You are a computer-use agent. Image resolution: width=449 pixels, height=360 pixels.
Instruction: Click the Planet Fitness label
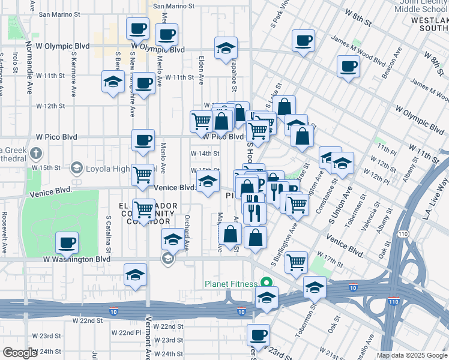[x=229, y=283]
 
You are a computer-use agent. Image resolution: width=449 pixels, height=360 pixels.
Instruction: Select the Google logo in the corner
[x=20, y=353]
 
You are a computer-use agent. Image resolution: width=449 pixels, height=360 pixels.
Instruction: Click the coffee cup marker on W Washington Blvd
[x=67, y=242]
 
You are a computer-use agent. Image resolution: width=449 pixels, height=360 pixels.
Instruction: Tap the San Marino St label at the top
[x=175, y=7]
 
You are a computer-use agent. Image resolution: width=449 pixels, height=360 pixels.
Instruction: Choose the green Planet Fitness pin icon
[x=265, y=283]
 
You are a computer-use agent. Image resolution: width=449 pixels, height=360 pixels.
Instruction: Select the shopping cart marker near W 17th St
[x=296, y=262]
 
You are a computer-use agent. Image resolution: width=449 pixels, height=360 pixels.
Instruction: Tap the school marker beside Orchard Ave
[x=173, y=240]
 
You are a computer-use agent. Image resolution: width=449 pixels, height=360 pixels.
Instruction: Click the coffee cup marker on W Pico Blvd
[x=143, y=140]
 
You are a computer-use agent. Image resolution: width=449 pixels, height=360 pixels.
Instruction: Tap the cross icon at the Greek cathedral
[x=37, y=153]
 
